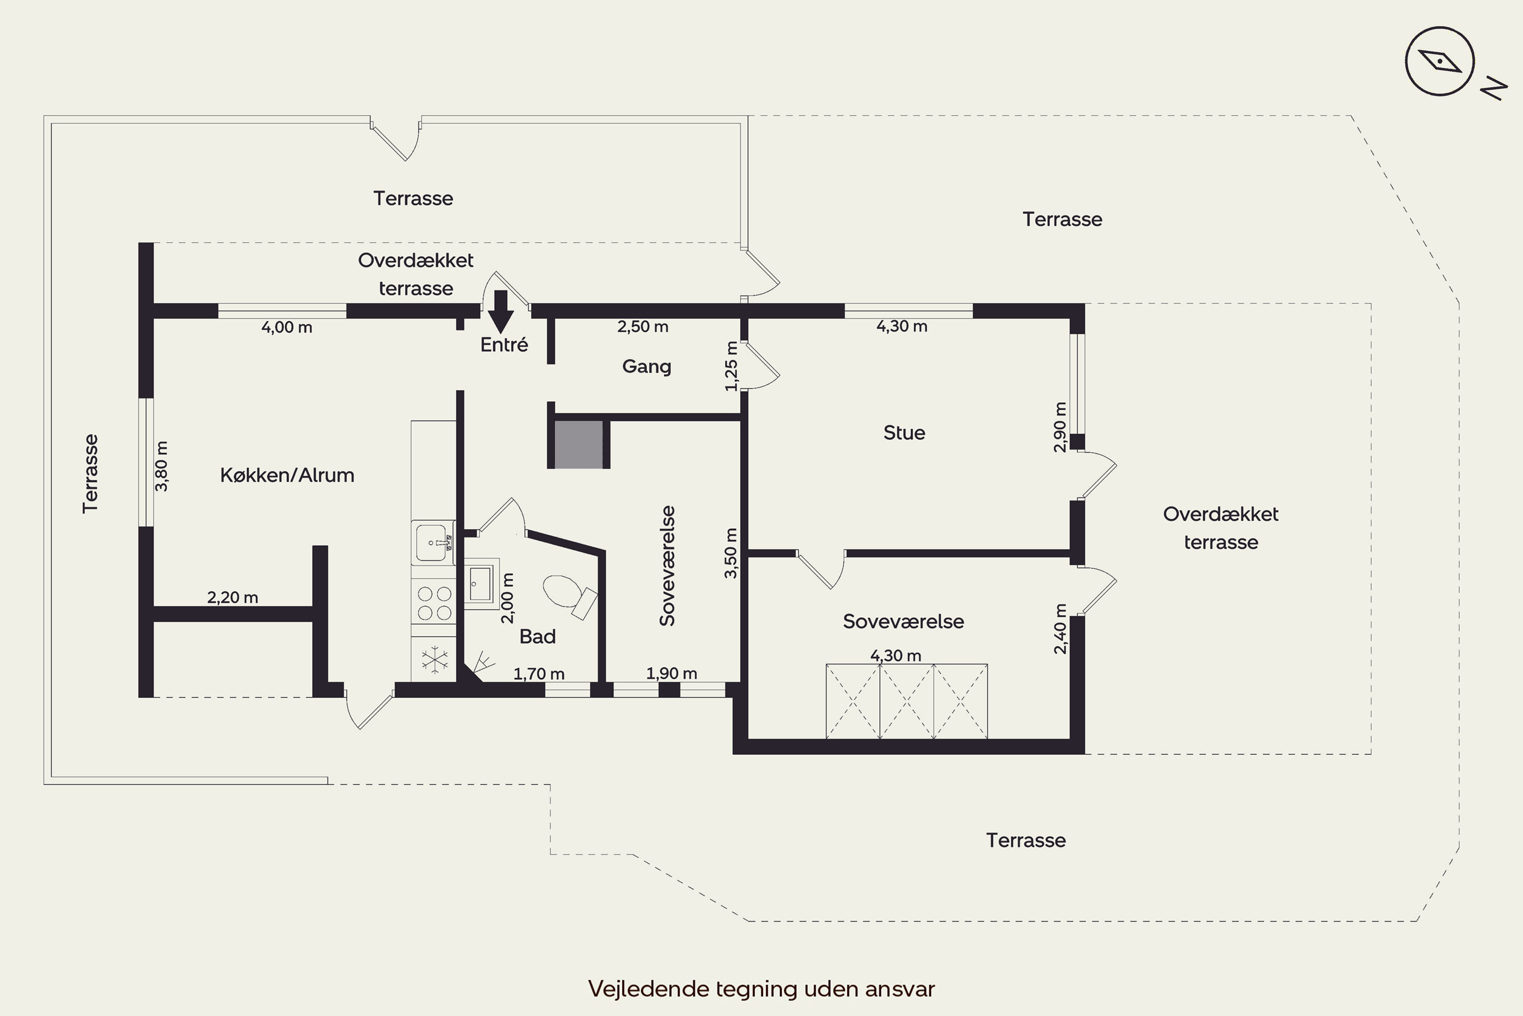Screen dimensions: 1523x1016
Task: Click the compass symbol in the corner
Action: click(1439, 61)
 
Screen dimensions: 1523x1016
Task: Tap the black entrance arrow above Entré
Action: click(501, 312)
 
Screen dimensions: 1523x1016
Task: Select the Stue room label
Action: click(904, 432)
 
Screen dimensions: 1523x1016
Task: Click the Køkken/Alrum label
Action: click(287, 475)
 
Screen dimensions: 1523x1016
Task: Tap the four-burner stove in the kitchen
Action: click(434, 602)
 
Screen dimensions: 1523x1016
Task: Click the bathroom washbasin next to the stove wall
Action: click(480, 584)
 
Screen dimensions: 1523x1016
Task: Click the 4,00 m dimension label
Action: click(287, 327)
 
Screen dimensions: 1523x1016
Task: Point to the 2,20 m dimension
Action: click(233, 597)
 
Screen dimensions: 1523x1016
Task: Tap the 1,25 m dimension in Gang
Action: click(731, 366)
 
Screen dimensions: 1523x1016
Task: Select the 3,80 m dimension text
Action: click(161, 466)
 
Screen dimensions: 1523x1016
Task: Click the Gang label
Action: click(646, 367)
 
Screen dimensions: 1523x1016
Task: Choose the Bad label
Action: click(538, 637)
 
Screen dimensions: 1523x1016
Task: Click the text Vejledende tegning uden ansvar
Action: click(762, 989)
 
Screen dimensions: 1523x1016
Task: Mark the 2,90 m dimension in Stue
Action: click(1060, 427)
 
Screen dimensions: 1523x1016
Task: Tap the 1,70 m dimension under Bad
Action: click(539, 674)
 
